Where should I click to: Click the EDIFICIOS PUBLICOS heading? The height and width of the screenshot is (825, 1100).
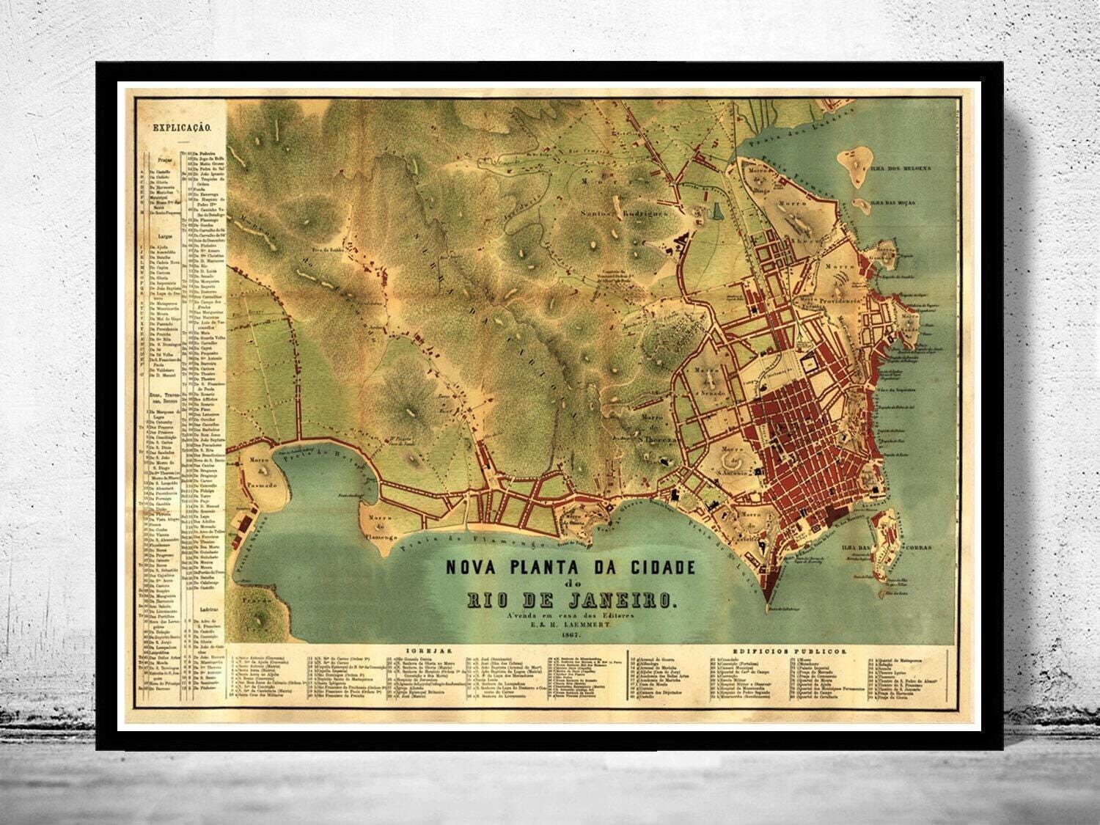(809, 650)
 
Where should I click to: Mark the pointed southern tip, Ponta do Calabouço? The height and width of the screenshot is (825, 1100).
(767, 605)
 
